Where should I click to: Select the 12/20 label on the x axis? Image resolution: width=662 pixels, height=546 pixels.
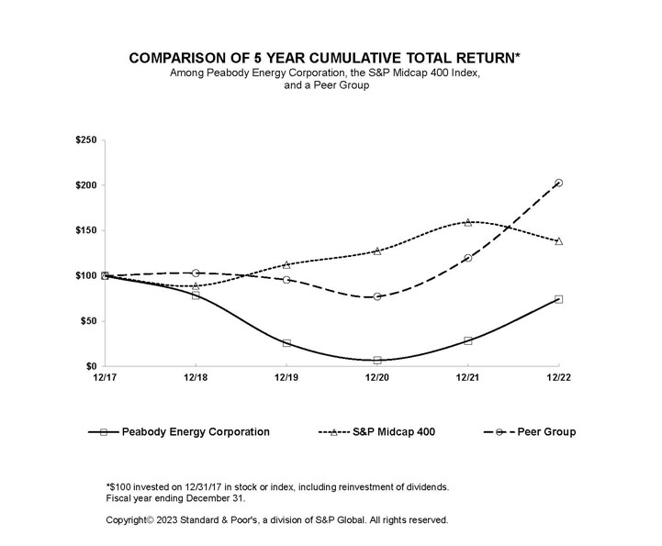tap(376, 376)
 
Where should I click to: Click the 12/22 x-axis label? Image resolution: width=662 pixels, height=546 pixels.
tap(558, 376)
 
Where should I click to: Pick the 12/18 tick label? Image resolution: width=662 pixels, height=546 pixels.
tap(196, 376)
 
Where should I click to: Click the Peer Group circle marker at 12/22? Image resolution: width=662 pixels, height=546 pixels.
tap(558, 183)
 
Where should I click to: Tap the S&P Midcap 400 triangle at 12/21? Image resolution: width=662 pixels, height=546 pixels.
tap(467, 222)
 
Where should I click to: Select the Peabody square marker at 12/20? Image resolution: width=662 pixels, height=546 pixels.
tap(377, 361)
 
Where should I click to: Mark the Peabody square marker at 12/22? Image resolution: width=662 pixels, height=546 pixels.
tap(558, 299)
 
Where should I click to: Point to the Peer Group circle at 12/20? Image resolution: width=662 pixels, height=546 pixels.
tap(377, 296)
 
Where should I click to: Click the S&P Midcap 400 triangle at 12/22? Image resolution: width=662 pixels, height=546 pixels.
tap(558, 241)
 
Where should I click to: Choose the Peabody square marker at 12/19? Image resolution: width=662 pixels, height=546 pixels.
tap(286, 343)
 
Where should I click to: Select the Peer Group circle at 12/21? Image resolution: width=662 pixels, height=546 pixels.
tap(467, 258)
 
